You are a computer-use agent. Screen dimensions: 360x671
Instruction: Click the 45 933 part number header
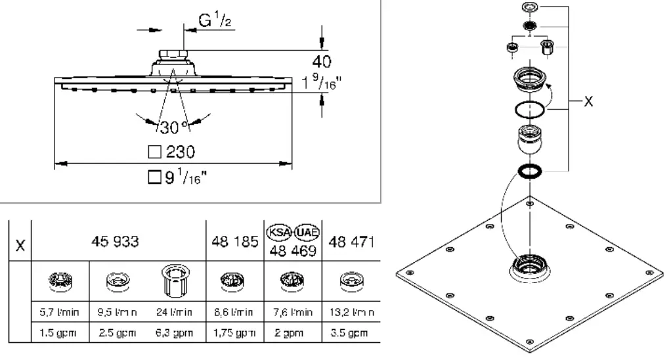tap(116, 241)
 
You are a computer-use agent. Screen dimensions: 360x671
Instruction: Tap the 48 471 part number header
tap(355, 241)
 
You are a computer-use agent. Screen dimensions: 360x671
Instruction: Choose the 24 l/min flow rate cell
tap(173, 312)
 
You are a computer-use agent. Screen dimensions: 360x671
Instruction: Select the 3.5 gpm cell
tap(353, 332)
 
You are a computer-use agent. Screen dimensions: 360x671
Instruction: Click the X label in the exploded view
tap(588, 102)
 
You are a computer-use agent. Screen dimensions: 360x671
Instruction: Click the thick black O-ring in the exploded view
tap(530, 171)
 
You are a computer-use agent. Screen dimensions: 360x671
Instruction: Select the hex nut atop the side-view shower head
tap(172, 55)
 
